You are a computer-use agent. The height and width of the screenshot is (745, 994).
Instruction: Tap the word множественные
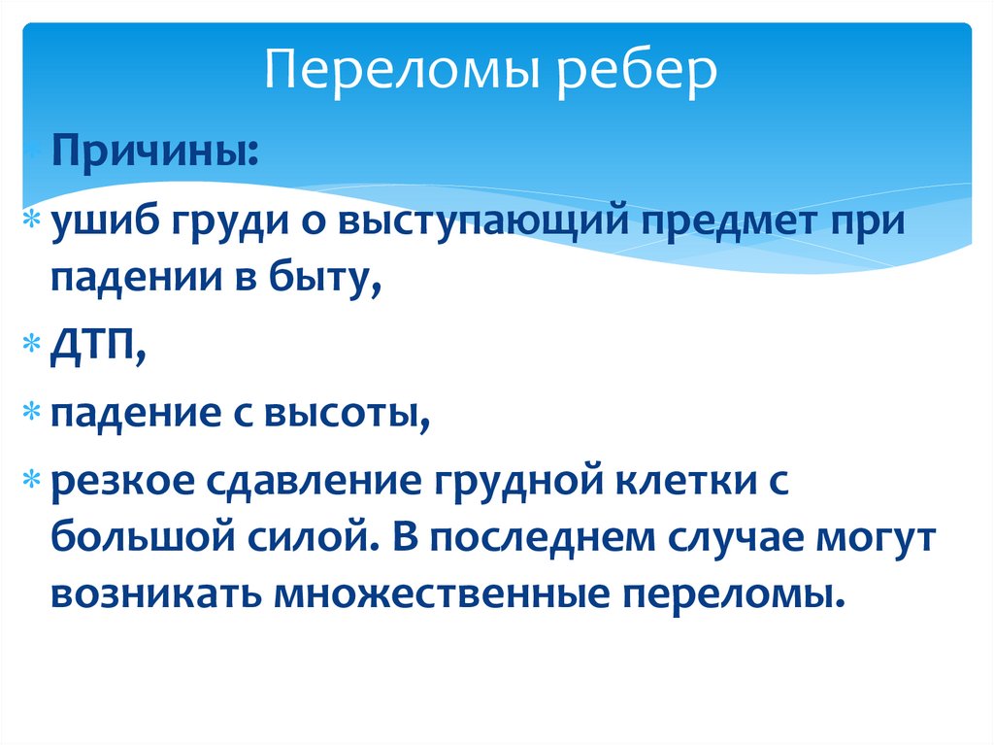coord(432,593)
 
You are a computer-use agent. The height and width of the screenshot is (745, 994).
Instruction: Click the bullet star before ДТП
coord(32,348)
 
